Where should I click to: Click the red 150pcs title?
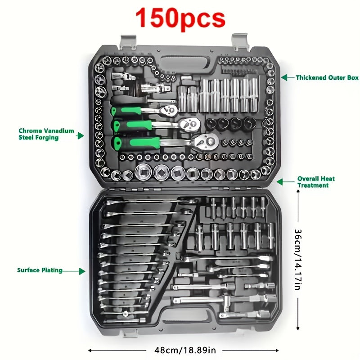pos(180,18)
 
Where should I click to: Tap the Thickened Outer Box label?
pos(327,77)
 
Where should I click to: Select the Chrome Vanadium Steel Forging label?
pos(46,134)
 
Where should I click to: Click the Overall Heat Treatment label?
pos(316,182)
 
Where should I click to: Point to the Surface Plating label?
pos(40,270)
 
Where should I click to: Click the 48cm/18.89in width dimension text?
pos(185,351)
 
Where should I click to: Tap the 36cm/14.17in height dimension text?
pos(298,260)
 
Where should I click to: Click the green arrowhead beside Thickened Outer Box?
pos(284,77)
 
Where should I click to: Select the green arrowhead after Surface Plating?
pos(82,271)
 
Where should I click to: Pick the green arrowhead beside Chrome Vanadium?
pos(81,136)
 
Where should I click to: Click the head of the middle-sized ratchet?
pos(190,125)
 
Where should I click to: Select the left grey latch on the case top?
pos(128,42)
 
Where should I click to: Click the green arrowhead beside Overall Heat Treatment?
pos(280,182)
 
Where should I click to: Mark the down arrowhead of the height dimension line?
pos(298,328)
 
